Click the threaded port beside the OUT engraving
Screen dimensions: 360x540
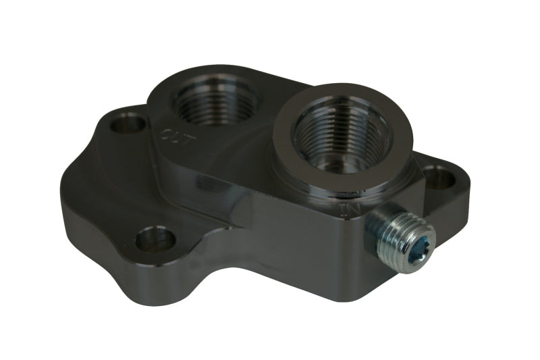click(214, 100)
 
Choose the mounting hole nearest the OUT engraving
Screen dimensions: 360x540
click(128, 123)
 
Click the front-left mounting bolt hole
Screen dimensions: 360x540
click(155, 239)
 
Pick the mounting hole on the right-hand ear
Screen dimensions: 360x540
click(439, 178)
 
